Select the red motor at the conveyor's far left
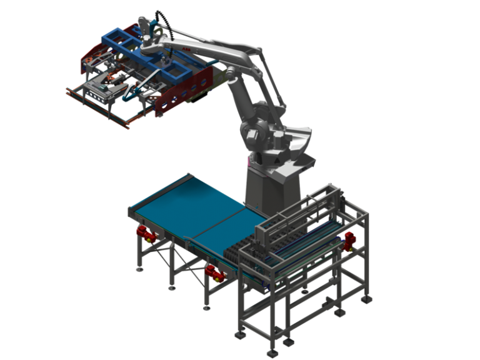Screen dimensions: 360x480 144,233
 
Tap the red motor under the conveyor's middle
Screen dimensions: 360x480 214,273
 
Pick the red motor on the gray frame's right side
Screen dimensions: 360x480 349,240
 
